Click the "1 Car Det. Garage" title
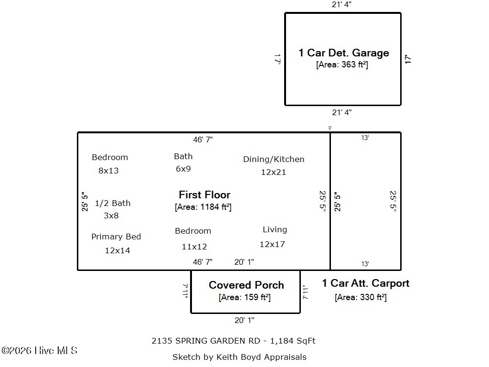(343, 53)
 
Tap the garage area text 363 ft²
(342, 65)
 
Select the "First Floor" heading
(204, 194)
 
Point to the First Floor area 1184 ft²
(203, 207)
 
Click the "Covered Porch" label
(246, 285)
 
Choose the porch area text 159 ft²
(244, 297)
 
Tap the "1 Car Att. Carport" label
(365, 283)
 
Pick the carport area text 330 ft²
(361, 297)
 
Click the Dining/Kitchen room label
(274, 159)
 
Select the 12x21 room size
(273, 172)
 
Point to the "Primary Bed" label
(116, 237)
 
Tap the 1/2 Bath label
(112, 203)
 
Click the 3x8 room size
(111, 216)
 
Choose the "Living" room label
(275, 230)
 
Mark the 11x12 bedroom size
(194, 247)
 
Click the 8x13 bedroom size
(108, 171)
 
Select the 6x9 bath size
(183, 169)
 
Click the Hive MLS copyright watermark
(39, 351)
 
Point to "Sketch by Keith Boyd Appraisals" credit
(239, 357)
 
